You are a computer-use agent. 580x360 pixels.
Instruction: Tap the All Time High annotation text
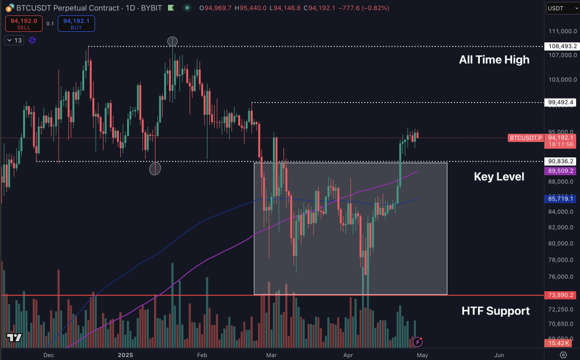(494, 60)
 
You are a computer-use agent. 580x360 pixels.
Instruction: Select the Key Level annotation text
(499, 177)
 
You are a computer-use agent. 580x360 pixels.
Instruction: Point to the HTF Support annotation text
(495, 311)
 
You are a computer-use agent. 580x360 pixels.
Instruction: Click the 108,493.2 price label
(561, 46)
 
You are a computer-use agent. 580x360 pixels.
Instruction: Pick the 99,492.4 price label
(561, 102)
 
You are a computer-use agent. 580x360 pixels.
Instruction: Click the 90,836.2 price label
(561, 161)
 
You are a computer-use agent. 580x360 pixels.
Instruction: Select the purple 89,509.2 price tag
(561, 171)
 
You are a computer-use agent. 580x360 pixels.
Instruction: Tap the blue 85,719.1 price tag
(561, 199)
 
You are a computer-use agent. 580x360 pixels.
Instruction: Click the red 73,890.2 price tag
(561, 295)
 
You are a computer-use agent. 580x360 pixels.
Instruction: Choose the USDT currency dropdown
(560, 8)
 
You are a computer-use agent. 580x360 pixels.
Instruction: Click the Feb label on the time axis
(202, 355)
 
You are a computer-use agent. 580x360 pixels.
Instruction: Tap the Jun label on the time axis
(499, 355)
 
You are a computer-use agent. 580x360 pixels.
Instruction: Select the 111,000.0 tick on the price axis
(561, 31)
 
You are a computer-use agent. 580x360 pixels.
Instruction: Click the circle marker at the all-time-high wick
(173, 42)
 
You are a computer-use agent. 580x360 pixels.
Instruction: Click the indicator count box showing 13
(15, 40)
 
